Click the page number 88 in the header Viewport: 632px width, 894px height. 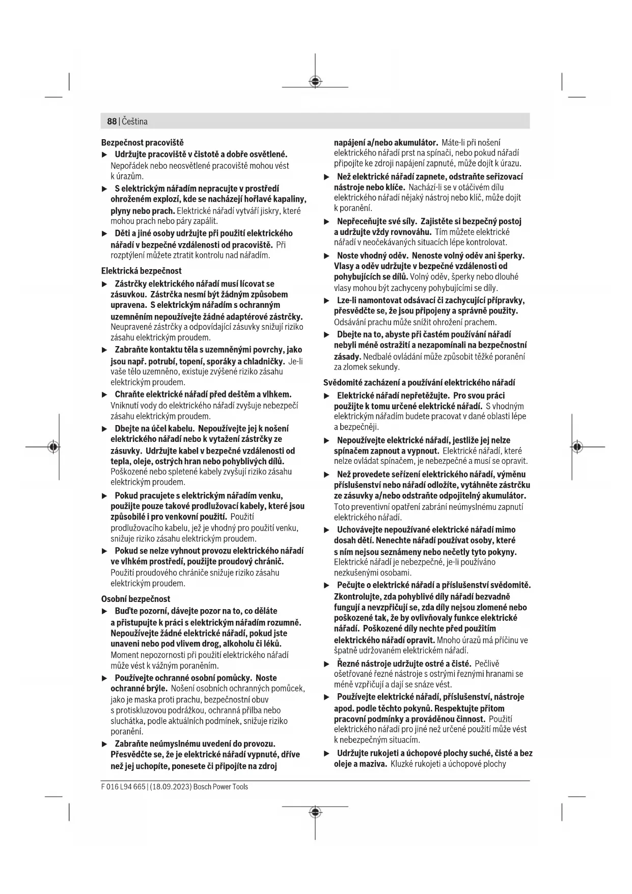coord(112,121)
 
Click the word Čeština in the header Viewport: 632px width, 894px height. coord(134,121)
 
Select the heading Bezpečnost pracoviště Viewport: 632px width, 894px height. coord(142,142)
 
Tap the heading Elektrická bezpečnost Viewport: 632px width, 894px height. coord(141,271)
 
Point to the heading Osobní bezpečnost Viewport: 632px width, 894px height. coord(135,599)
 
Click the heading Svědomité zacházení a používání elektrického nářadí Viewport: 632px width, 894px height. coord(419,382)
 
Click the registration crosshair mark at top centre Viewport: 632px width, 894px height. coord(315,81)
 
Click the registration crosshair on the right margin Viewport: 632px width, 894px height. coord(576,446)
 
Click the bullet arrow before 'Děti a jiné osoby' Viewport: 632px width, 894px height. coord(105,233)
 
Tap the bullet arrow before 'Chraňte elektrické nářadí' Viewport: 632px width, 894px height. coord(105,395)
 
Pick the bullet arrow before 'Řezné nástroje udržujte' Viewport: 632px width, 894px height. coord(327,664)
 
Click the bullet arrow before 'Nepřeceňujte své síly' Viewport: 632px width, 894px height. coord(327,222)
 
